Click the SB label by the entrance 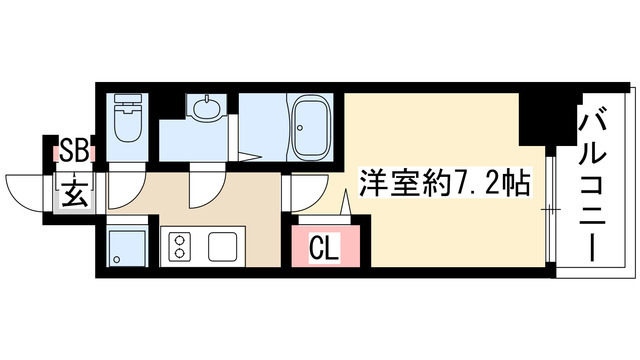point(73,151)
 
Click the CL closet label point(322,244)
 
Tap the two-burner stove point(181,245)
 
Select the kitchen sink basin point(221,245)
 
